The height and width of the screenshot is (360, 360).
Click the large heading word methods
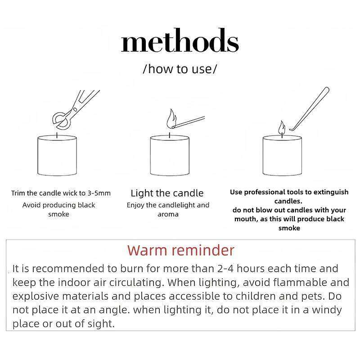tap(180, 40)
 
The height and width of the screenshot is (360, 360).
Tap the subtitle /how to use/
tap(180, 69)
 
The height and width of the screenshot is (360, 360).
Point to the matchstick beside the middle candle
tap(189, 121)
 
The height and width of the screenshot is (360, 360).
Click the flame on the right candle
tap(282, 128)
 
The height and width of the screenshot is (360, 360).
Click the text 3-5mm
tap(99, 193)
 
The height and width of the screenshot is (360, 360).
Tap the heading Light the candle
tap(167, 193)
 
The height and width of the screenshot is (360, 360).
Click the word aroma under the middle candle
tap(168, 215)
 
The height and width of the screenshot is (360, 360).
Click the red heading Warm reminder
tap(181, 250)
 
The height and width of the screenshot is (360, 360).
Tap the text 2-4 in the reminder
tap(225, 269)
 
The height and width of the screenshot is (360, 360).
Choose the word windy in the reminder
tap(327, 310)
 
